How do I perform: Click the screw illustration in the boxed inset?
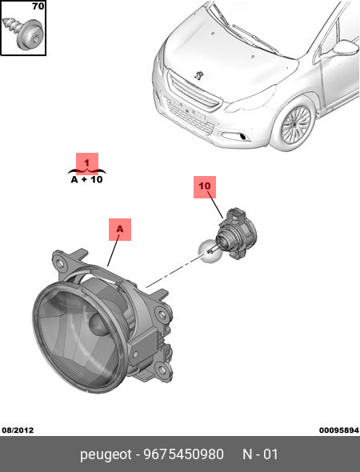23,31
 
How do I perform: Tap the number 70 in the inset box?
38,6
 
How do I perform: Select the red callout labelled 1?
87,163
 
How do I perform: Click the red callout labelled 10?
205,187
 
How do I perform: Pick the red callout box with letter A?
120,230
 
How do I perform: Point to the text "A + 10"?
87,180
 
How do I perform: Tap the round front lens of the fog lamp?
78,337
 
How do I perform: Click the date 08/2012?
18,430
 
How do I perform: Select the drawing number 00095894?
339,430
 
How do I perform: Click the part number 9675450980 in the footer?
184,454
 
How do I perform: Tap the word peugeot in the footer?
106,455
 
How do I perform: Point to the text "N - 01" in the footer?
260,454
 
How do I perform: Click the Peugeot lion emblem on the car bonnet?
198,74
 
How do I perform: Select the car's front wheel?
296,124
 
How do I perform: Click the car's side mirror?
346,47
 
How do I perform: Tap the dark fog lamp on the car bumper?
242,138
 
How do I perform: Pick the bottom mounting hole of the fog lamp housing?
162,369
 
